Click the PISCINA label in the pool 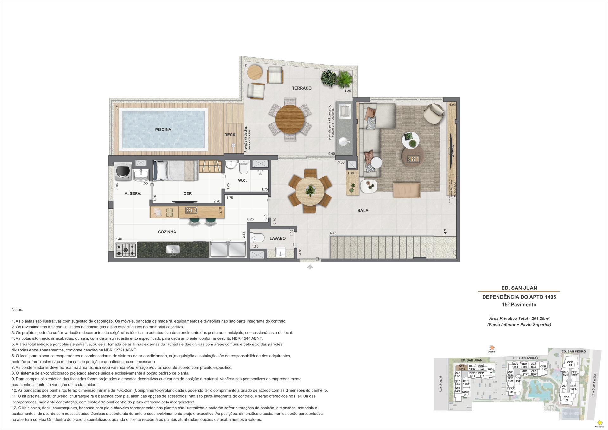163,130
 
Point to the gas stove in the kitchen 126,250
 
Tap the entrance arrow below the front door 310,267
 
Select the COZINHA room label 167,232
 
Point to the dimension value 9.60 332,154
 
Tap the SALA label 363,210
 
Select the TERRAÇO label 302,88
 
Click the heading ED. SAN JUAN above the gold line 519,288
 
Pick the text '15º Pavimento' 519,305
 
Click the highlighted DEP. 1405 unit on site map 462,368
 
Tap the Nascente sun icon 599,423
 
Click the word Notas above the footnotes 17,309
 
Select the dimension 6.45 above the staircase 333,233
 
